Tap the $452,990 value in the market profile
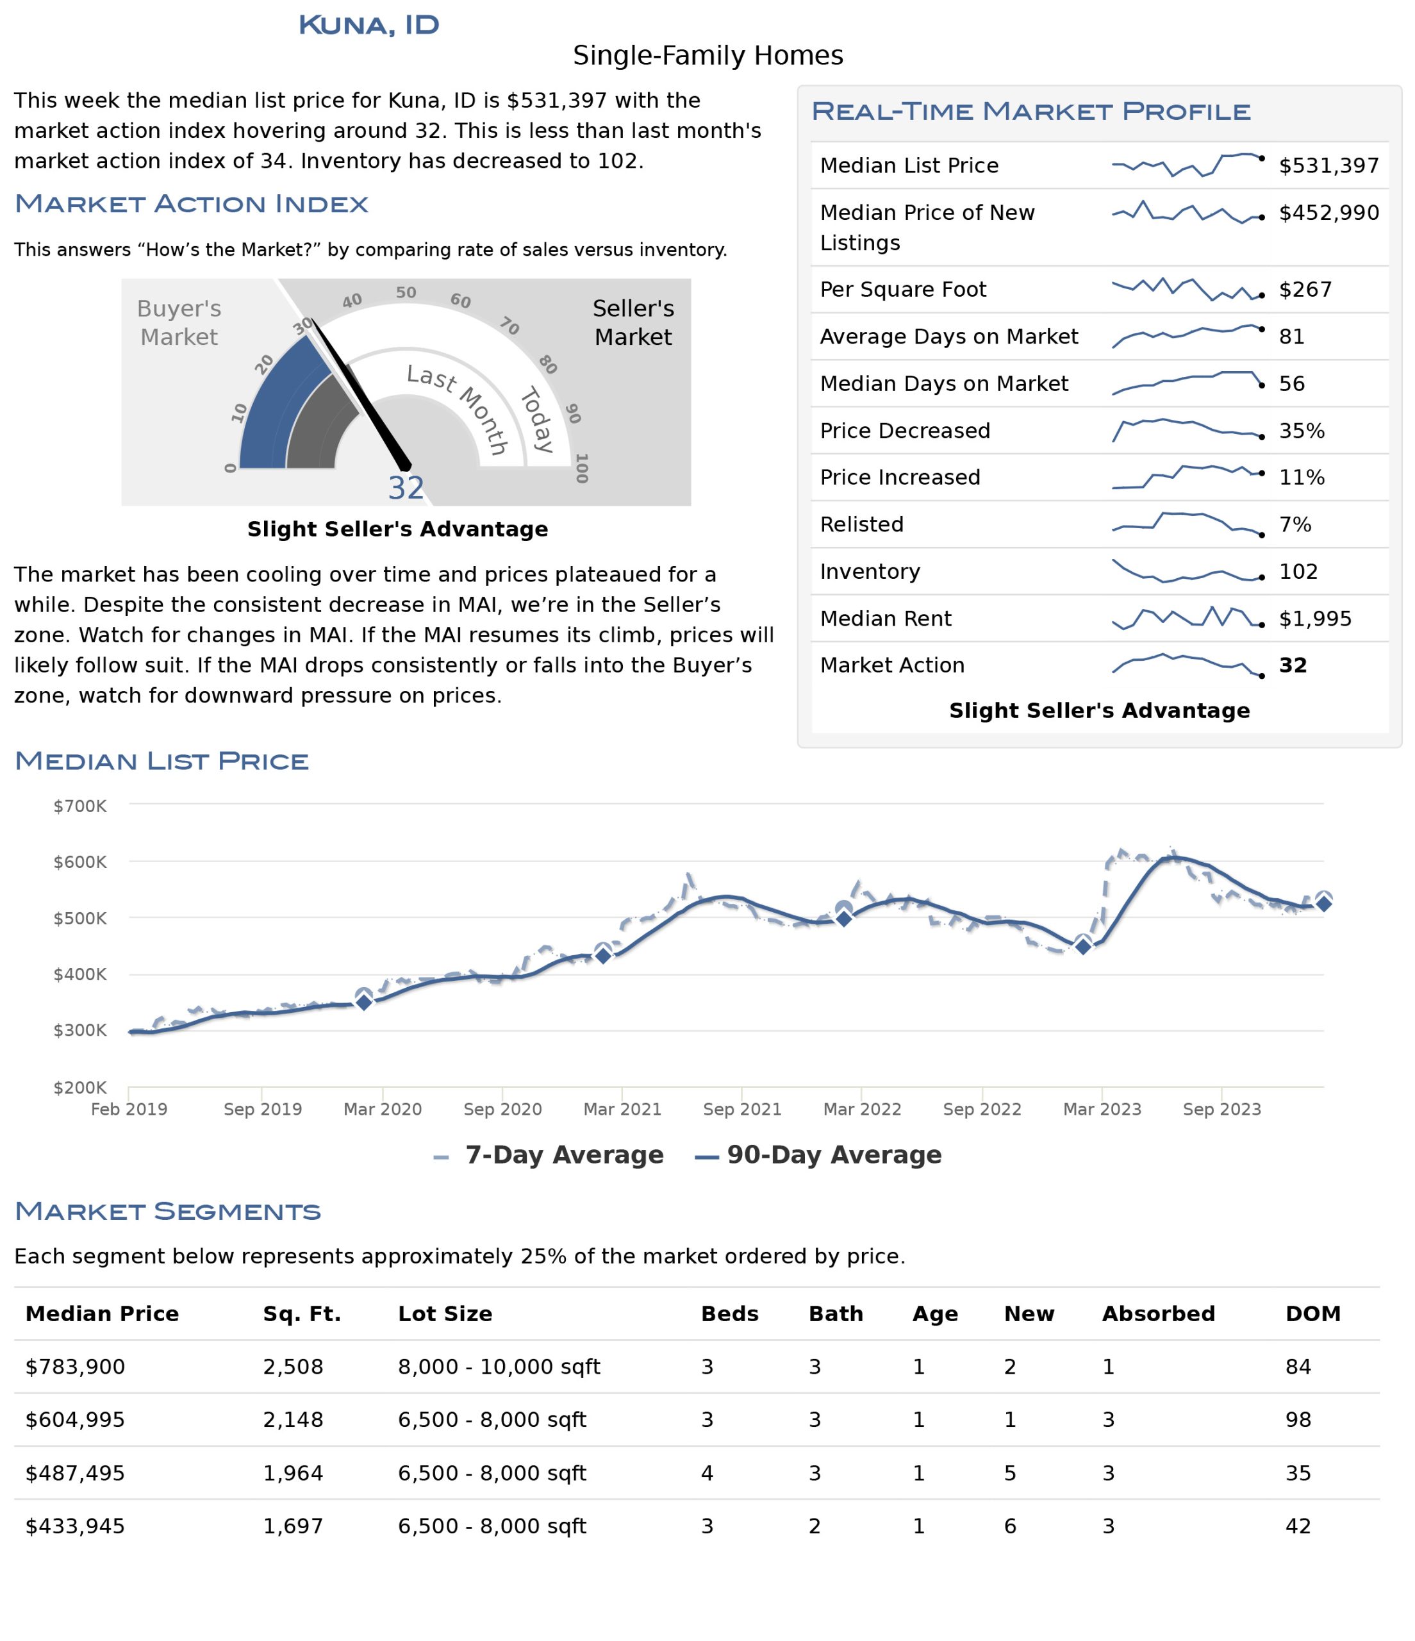pos(1328,212)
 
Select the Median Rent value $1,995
pos(1315,619)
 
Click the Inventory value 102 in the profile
pos(1298,572)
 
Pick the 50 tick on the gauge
pos(406,292)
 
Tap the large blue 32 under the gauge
pos(406,488)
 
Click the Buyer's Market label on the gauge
pos(179,322)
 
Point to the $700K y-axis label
pos(80,806)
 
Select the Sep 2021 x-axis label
pos(742,1109)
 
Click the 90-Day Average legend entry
pos(818,1154)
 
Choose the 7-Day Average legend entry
pos(548,1154)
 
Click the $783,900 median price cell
pos(75,1367)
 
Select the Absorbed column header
pos(1159,1314)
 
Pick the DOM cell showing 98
pos(1298,1420)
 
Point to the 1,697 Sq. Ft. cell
pos(293,1526)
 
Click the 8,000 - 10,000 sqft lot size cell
pos(499,1367)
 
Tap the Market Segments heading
pos(168,1211)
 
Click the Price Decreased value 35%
pos(1302,431)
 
